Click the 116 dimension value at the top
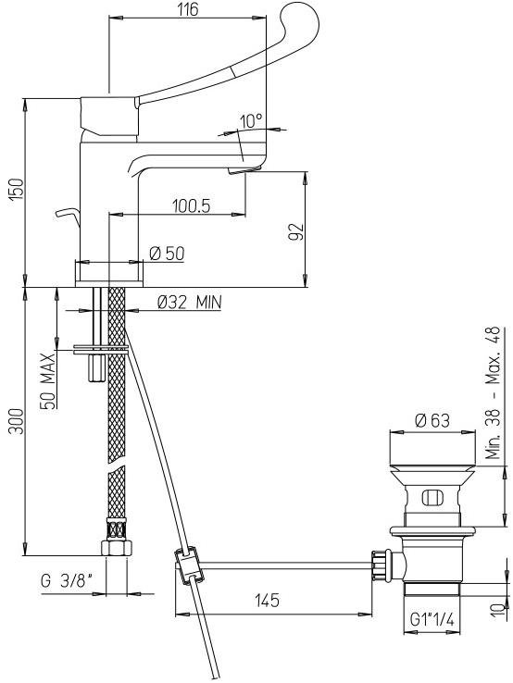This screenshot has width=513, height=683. point(188,9)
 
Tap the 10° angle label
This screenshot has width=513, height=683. point(252,120)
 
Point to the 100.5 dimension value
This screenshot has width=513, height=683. point(192,205)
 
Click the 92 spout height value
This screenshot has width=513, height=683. point(295,231)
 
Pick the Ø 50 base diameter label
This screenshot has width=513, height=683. point(167,253)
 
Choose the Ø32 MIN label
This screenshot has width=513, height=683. point(189,302)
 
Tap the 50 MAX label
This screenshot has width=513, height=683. point(48,380)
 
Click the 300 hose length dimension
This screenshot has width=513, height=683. point(18,421)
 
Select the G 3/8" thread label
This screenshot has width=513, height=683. point(67,580)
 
